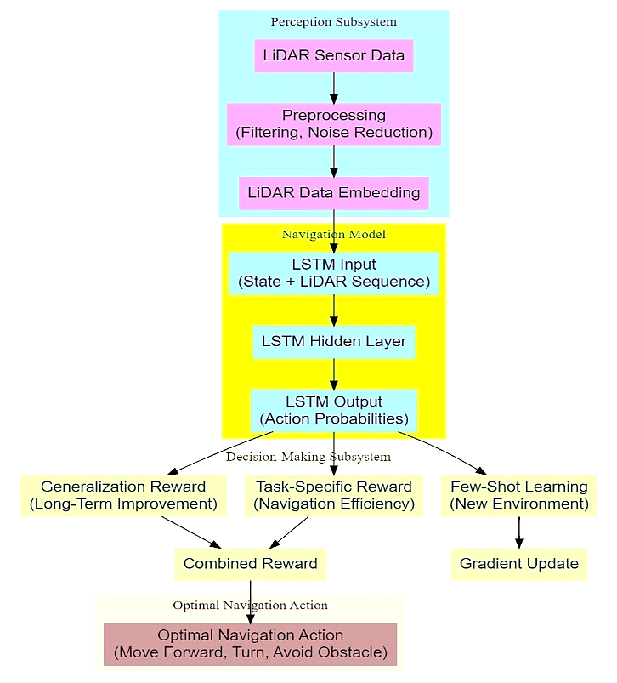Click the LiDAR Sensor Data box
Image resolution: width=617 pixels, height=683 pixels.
(333, 56)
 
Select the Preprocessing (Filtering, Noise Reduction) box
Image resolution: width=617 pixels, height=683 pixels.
(333, 124)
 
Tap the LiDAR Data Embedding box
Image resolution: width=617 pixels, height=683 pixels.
(333, 192)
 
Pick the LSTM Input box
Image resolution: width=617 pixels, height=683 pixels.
(333, 273)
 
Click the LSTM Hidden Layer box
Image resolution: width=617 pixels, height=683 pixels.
(333, 342)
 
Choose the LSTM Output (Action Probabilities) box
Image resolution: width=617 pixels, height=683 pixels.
(333, 410)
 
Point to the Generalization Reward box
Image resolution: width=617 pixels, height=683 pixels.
(123, 496)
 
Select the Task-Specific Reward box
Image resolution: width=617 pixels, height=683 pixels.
(333, 496)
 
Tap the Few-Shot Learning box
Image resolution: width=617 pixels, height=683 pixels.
(518, 496)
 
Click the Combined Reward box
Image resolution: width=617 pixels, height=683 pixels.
(250, 564)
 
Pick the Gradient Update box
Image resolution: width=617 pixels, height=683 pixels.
(518, 564)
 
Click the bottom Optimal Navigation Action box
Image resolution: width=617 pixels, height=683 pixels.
(250, 645)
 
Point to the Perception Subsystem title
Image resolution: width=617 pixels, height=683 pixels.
(333, 21)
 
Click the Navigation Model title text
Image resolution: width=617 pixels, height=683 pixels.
(333, 234)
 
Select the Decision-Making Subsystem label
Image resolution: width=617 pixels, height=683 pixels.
(308, 457)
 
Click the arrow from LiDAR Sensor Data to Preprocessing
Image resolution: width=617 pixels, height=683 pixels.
(333, 88)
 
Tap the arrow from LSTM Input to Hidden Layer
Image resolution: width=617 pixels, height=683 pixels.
(333, 310)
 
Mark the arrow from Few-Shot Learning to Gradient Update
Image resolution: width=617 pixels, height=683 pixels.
(518, 532)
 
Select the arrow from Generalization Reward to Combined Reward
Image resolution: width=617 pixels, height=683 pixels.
(192, 532)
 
